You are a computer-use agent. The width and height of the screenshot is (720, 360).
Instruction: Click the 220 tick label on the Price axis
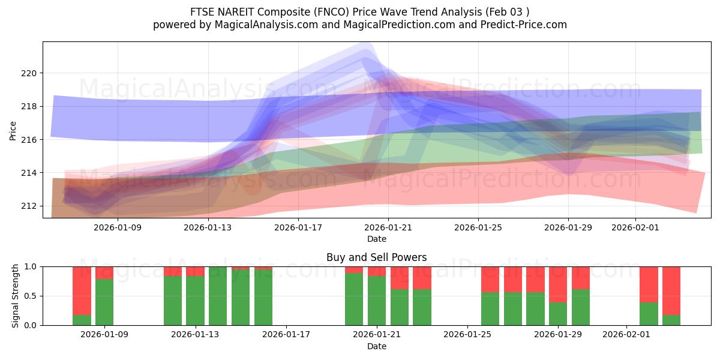[29, 73]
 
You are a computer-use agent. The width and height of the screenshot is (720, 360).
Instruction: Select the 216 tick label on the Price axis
[29, 140]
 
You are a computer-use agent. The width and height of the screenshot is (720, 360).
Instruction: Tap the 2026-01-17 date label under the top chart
[298, 227]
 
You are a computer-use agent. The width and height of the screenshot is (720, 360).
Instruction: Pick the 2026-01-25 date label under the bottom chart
[467, 335]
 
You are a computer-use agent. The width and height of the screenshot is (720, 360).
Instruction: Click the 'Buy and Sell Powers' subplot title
[376, 257]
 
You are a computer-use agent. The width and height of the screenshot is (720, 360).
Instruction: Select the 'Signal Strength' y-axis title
[16, 296]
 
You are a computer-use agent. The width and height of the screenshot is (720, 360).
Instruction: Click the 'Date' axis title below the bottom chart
[376, 346]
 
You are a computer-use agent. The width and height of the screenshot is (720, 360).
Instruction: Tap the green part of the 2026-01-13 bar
[195, 301]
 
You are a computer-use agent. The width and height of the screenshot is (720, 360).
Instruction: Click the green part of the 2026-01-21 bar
[376, 301]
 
